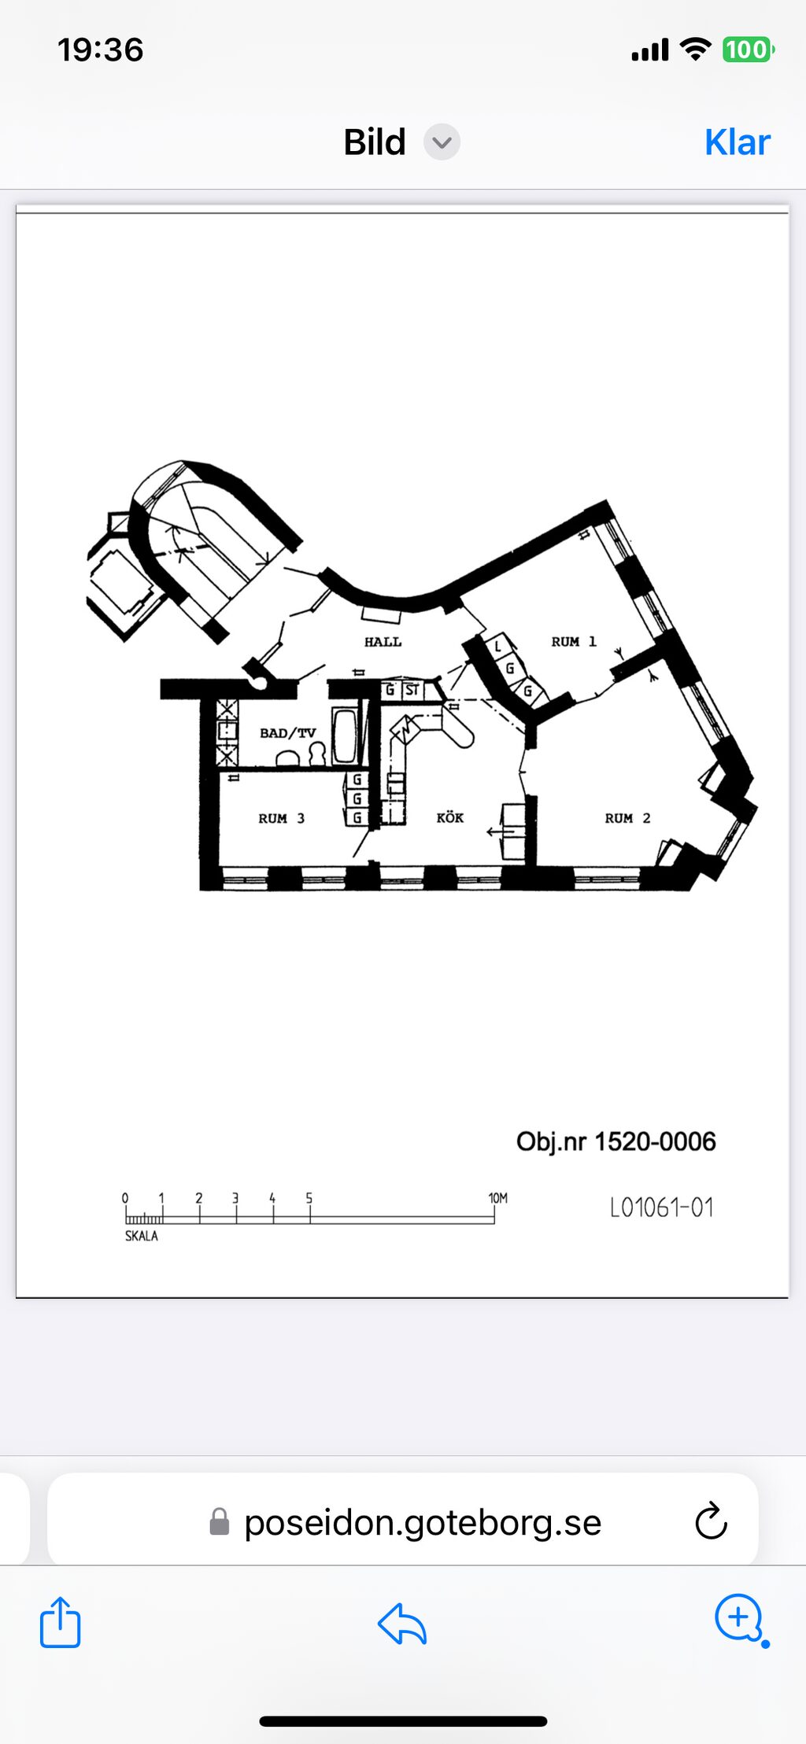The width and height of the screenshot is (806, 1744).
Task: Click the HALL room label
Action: click(x=383, y=642)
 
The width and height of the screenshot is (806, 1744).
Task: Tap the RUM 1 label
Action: click(x=574, y=642)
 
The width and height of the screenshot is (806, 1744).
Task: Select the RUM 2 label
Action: click(x=627, y=818)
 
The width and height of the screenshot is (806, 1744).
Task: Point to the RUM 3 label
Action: click(x=281, y=818)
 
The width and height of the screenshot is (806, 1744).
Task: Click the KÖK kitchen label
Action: click(x=450, y=817)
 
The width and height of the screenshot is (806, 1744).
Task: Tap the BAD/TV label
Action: click(x=287, y=733)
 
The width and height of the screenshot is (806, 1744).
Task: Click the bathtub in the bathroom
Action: click(x=344, y=736)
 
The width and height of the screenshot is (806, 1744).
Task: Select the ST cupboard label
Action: click(x=412, y=690)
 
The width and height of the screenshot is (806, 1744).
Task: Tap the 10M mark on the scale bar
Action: click(x=498, y=1198)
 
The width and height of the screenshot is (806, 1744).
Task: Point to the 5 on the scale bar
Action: click(x=309, y=1198)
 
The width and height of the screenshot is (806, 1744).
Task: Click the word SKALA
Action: click(x=142, y=1236)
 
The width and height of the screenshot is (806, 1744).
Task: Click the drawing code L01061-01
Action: click(x=662, y=1208)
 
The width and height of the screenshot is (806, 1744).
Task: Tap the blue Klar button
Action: click(x=738, y=142)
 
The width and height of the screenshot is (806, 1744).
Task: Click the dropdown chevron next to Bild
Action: click(x=442, y=142)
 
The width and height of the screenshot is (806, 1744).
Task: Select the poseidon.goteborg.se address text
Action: click(x=423, y=1523)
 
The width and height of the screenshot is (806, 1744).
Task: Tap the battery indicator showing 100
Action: click(x=748, y=50)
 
